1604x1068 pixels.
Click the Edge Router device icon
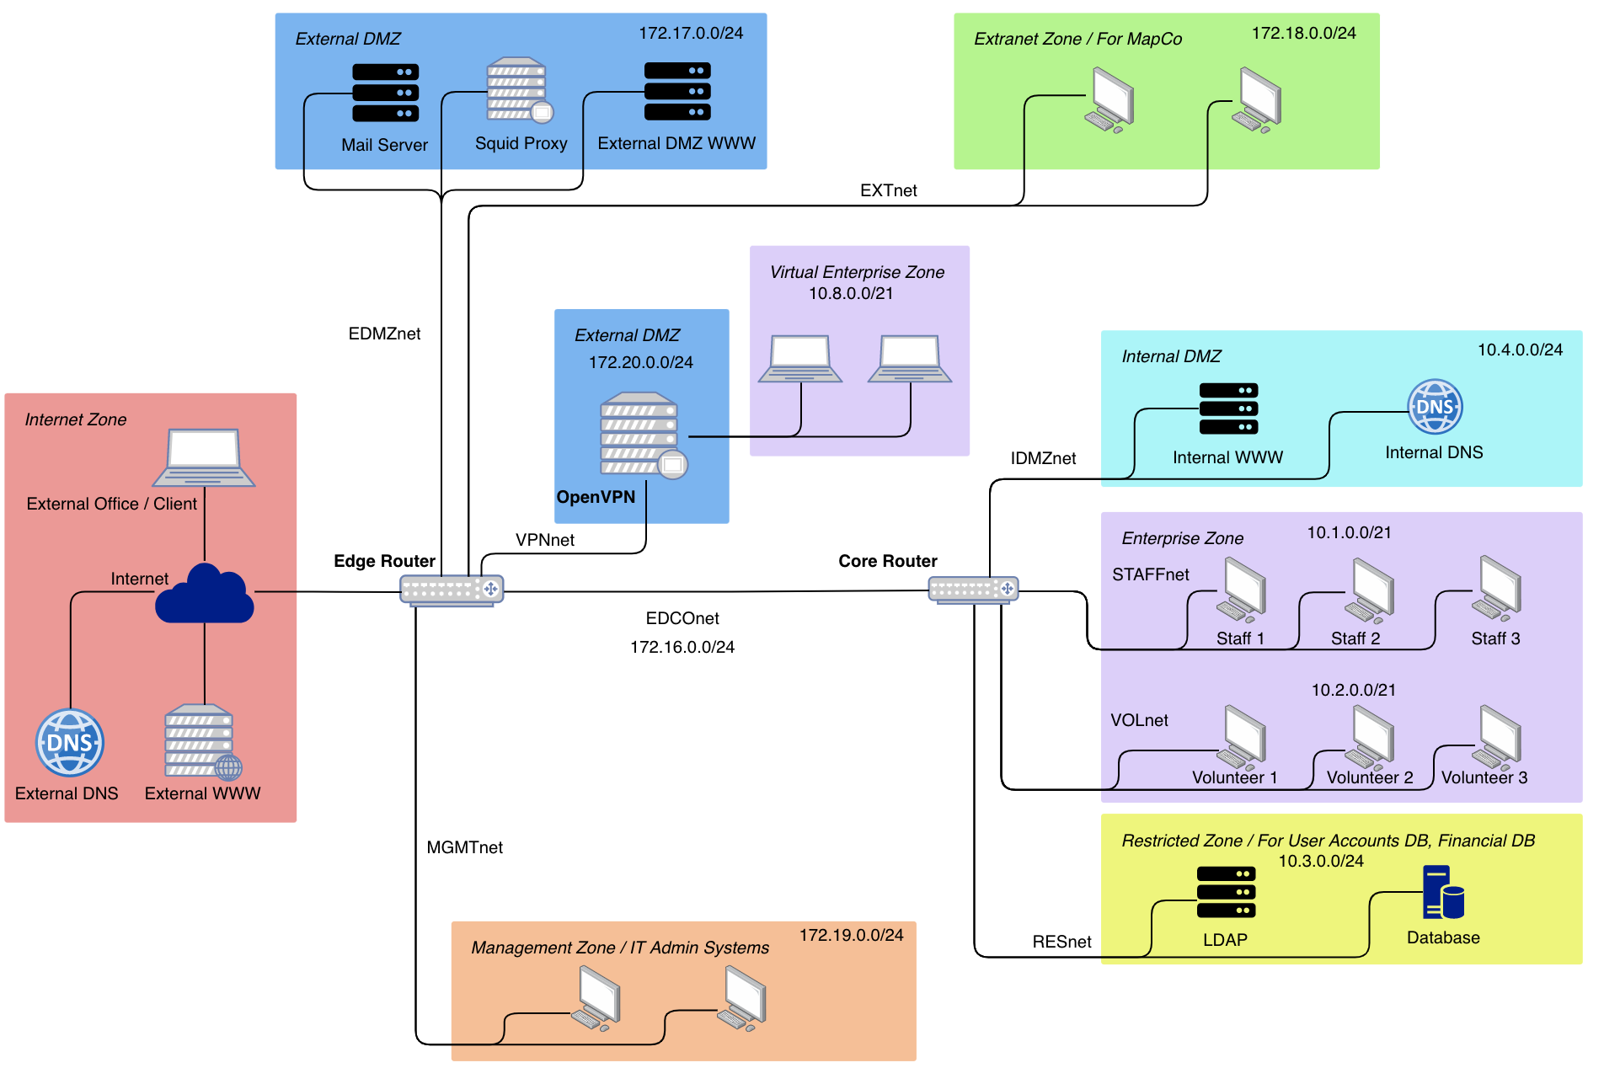(x=452, y=590)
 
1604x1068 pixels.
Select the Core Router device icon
(x=973, y=589)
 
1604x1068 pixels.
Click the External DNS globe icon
(x=70, y=742)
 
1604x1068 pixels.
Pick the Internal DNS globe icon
(x=1435, y=407)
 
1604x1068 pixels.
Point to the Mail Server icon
(x=385, y=93)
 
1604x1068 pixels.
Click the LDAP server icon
(x=1226, y=892)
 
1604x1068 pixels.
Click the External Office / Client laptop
(x=204, y=457)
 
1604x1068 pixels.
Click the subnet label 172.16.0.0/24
(x=682, y=647)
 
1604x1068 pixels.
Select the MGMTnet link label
(x=464, y=847)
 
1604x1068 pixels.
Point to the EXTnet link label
(x=888, y=190)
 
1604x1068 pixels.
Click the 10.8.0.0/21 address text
(x=851, y=293)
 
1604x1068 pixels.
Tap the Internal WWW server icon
(x=1228, y=409)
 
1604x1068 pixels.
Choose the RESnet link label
(x=1061, y=942)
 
